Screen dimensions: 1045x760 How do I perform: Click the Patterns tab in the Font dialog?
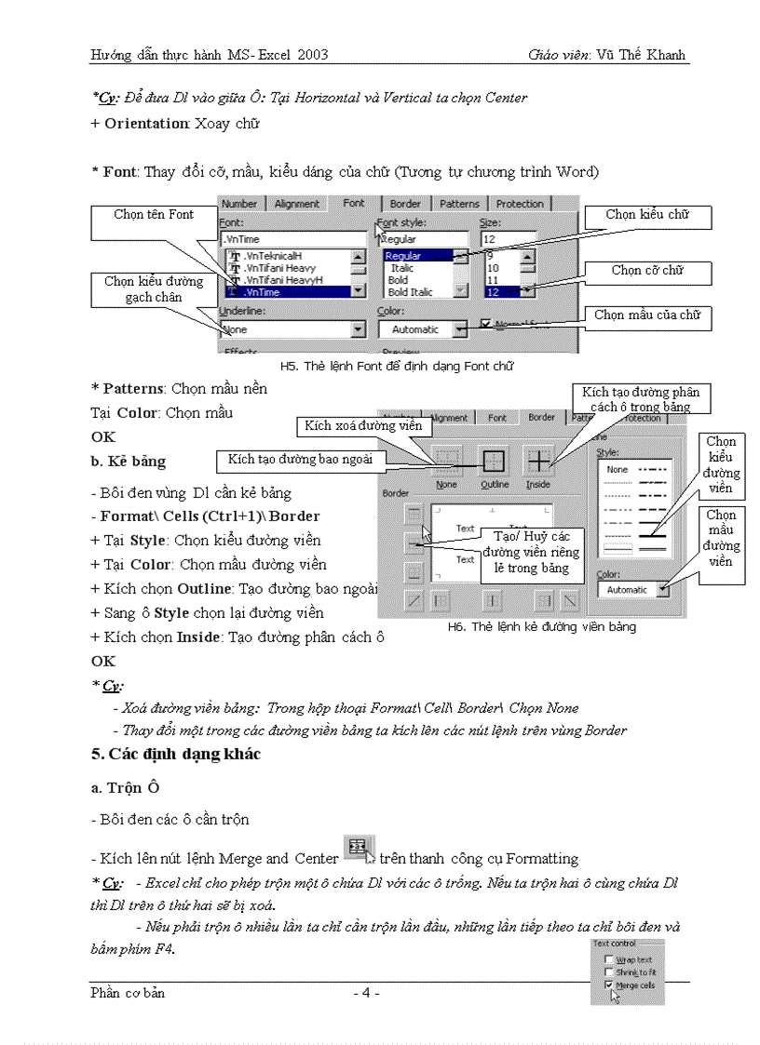[459, 204]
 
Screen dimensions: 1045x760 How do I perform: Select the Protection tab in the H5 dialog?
[519, 204]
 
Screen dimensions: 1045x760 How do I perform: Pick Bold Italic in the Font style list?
[410, 292]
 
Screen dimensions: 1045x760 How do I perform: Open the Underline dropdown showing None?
[358, 329]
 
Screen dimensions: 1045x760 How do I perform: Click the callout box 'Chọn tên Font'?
[154, 215]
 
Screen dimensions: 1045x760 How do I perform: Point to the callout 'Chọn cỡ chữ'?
[647, 271]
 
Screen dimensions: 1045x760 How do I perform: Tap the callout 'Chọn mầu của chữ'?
[647, 315]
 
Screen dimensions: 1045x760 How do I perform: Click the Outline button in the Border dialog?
[495, 461]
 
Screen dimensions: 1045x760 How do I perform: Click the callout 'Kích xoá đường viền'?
[363, 426]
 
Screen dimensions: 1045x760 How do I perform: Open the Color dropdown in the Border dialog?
[661, 589]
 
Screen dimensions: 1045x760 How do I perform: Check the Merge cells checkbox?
[609, 985]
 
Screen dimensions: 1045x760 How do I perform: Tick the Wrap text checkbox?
[609, 959]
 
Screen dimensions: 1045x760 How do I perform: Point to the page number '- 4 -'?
[366, 993]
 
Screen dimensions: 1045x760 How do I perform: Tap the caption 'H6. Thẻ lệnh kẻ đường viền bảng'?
[542, 627]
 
